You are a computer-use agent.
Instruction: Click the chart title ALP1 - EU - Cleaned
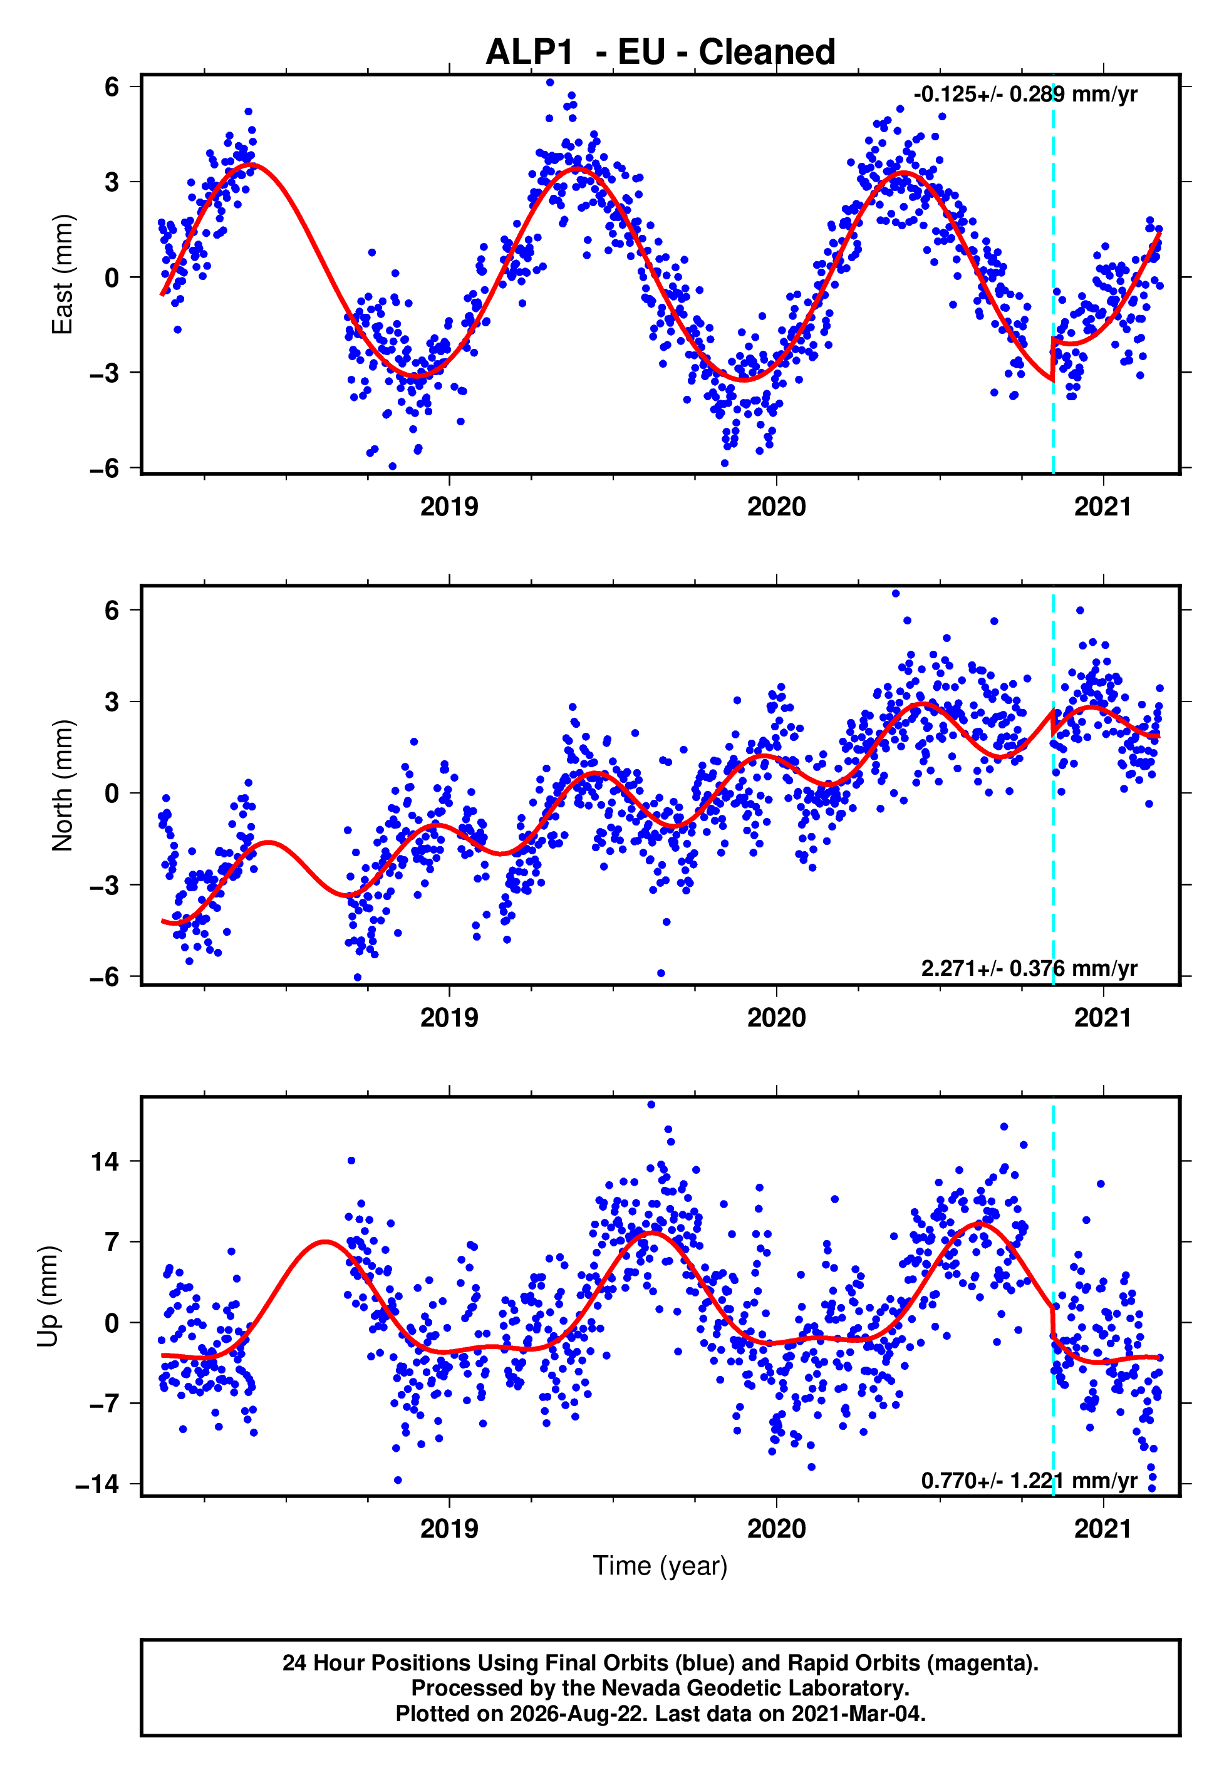(660, 53)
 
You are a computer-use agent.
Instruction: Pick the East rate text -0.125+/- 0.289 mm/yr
(1025, 95)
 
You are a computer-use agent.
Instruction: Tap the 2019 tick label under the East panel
(449, 507)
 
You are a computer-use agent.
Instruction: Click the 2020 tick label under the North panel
(776, 1018)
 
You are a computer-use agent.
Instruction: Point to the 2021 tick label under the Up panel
(1104, 1529)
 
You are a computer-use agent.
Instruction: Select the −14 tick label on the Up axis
(98, 1483)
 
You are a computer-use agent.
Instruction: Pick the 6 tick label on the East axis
(112, 86)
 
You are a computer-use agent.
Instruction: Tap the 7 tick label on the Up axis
(112, 1241)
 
